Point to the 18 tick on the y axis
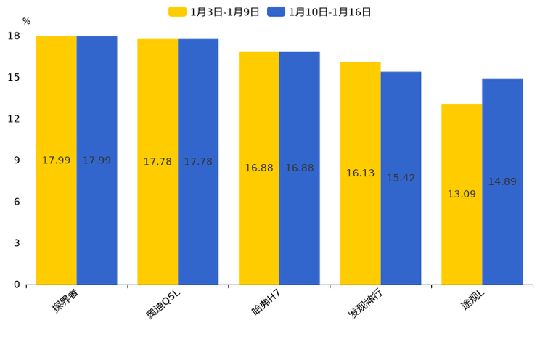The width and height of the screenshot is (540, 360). [14, 36]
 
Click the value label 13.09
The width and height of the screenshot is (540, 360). [462, 195]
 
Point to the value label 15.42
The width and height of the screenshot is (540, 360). [401, 179]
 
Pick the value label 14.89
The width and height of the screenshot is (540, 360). [502, 182]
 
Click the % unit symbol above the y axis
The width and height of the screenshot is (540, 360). [26, 22]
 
